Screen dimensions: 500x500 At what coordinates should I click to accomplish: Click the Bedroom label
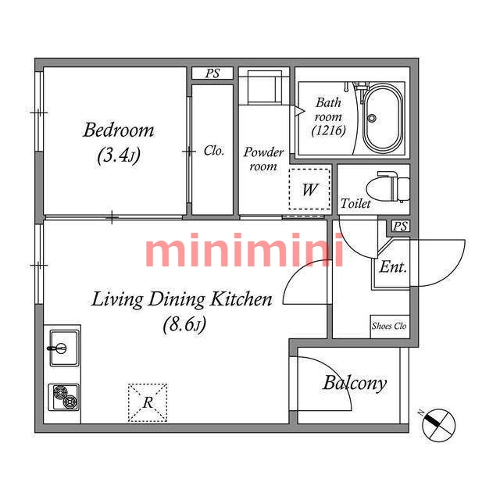118,130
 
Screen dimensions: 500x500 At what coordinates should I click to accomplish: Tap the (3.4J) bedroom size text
119,155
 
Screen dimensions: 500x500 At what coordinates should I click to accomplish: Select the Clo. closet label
213,151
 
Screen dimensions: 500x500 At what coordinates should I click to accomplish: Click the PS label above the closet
212,73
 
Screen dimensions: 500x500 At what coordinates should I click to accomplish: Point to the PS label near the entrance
401,227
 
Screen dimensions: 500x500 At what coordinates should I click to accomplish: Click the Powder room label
263,159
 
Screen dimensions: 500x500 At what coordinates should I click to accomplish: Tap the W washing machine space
309,189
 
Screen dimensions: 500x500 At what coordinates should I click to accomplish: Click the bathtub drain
372,118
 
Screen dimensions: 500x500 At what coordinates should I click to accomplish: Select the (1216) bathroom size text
328,130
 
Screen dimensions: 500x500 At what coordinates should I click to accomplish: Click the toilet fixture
388,187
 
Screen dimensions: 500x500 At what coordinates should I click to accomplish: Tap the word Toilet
355,203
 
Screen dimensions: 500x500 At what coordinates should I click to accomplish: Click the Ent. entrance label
393,267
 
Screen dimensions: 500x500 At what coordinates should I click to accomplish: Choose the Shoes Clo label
389,326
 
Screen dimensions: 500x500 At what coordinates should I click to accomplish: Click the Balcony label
355,383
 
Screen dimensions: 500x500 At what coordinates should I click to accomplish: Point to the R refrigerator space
148,403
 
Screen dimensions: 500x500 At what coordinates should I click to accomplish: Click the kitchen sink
64,348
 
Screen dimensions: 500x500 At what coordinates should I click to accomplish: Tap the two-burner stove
64,398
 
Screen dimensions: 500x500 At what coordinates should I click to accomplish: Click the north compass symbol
439,425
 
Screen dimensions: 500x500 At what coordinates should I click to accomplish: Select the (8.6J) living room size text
184,325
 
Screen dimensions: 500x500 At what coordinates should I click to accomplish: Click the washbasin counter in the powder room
264,87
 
